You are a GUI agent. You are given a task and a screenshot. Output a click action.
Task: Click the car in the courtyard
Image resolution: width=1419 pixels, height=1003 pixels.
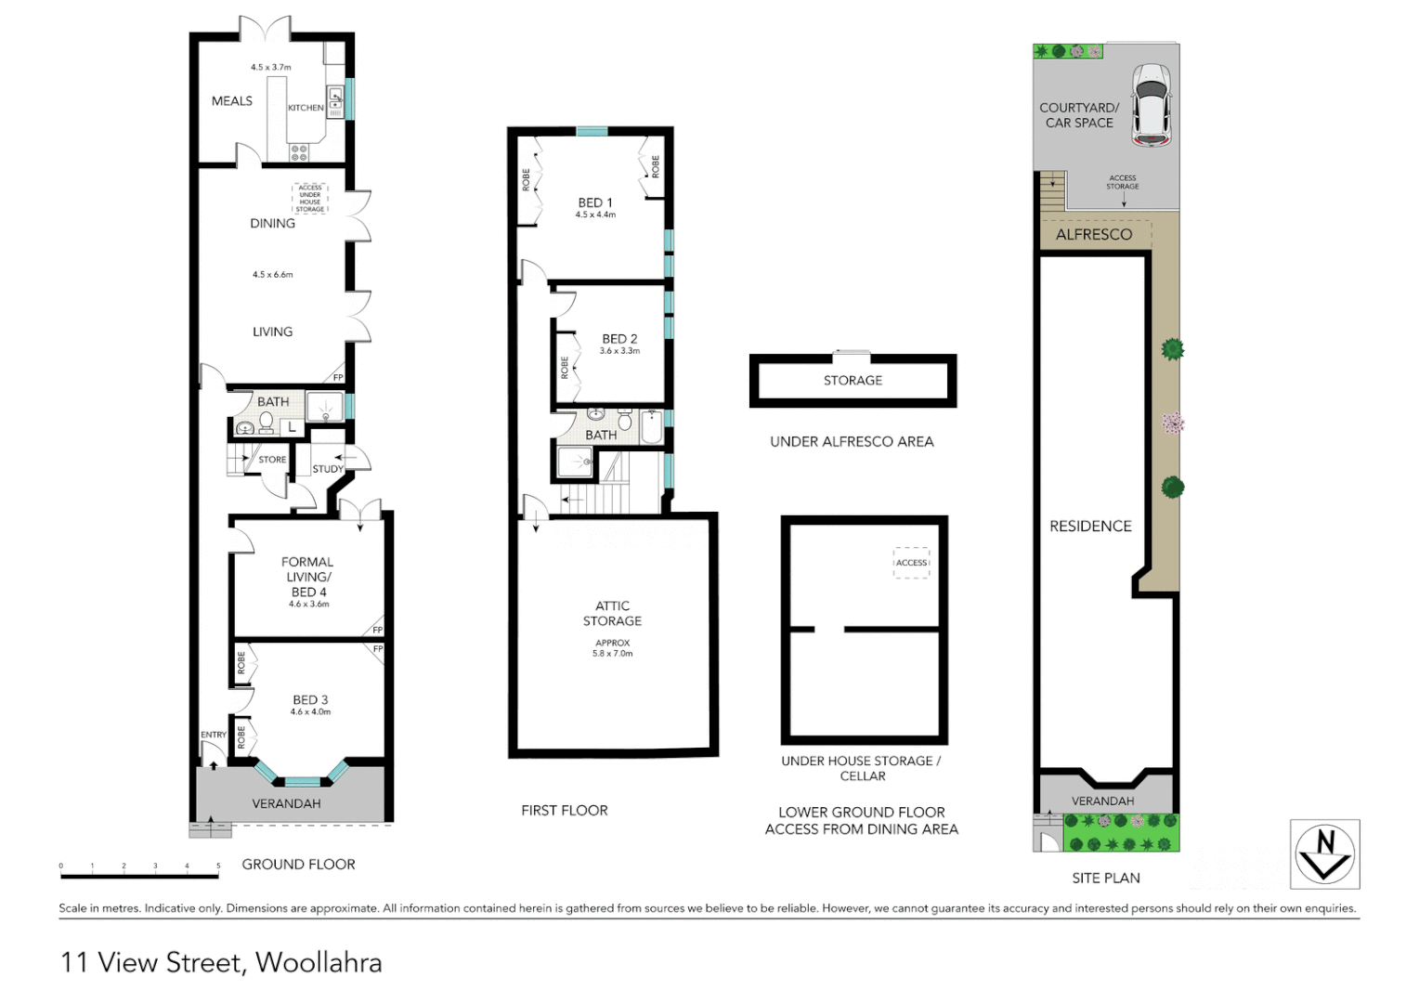[x=1151, y=106]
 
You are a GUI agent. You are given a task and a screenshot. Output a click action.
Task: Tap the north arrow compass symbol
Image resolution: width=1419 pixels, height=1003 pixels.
[x=1324, y=853]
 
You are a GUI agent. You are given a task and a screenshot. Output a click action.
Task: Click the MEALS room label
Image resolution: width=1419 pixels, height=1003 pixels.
[x=231, y=101]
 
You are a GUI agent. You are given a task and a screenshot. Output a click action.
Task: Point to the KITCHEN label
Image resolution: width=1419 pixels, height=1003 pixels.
[x=306, y=108]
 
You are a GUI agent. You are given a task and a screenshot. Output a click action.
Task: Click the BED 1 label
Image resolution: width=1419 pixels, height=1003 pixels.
[x=595, y=202]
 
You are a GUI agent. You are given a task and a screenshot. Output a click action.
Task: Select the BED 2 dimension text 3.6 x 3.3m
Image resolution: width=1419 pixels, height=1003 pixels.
[x=619, y=351]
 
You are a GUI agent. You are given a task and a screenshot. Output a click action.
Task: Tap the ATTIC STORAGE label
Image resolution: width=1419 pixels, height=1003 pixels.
[x=612, y=613]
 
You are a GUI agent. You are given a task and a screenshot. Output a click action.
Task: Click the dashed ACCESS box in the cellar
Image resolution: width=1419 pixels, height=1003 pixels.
[x=911, y=563]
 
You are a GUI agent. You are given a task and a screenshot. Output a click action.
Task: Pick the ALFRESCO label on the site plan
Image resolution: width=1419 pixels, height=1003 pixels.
[x=1093, y=235]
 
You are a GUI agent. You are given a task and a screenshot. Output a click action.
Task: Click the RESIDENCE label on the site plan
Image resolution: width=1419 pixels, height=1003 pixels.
[x=1090, y=527]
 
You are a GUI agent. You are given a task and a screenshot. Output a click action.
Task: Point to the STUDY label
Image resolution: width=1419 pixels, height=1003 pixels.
[x=327, y=469]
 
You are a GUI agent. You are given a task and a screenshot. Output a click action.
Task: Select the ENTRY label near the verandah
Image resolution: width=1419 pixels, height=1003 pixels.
[x=214, y=735]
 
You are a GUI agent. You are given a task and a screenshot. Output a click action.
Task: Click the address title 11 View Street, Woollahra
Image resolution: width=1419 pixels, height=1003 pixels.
[x=221, y=962]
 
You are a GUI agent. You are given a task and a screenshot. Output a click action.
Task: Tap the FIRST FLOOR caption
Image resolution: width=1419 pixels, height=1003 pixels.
[x=564, y=811]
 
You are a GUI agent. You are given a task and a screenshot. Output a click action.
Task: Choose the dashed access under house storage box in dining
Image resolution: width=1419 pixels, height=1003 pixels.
[x=310, y=198]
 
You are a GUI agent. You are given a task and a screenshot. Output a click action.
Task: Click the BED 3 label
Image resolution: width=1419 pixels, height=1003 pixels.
[x=310, y=700]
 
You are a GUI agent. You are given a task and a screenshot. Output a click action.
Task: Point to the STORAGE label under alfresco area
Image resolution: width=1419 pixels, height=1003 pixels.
[x=853, y=381]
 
